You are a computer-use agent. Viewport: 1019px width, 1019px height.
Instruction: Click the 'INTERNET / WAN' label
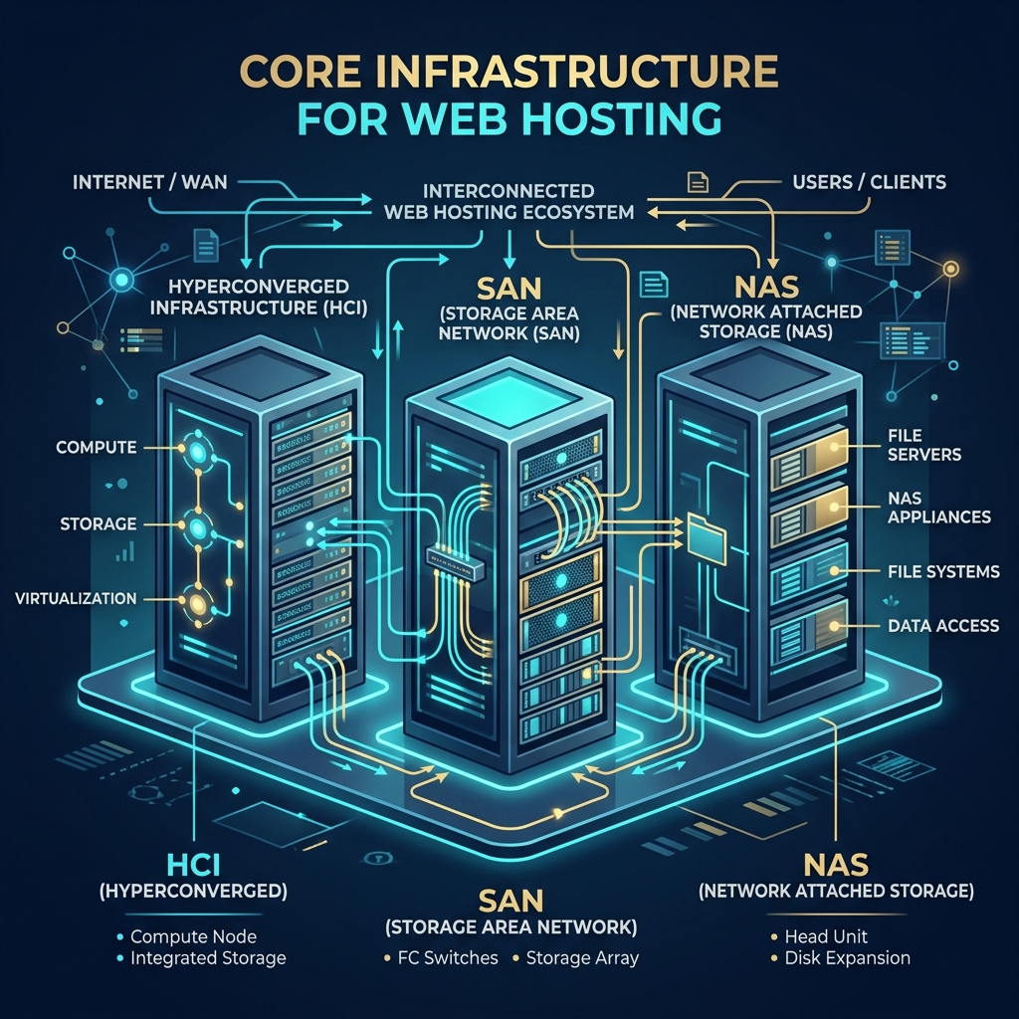pos(150,182)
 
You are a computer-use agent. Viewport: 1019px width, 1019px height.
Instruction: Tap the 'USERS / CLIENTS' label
pos(869,182)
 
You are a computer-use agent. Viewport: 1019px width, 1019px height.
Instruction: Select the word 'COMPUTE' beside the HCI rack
pos(97,447)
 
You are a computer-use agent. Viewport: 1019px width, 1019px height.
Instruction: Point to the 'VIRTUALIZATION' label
pos(76,598)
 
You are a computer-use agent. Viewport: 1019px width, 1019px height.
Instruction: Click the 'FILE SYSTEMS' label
pos(943,572)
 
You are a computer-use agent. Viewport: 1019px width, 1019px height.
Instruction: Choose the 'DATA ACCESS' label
pos(943,626)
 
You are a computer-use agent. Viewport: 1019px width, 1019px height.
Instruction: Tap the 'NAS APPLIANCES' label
pos(939,508)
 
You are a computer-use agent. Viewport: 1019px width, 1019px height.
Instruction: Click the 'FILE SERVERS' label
pos(924,445)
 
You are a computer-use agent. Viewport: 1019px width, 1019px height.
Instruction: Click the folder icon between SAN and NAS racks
pos(706,537)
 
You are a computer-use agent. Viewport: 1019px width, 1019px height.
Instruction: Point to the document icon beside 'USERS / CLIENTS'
pos(698,182)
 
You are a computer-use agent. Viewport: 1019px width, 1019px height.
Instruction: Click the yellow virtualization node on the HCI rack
pos(197,605)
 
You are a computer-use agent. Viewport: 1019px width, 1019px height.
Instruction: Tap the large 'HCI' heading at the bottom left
pos(193,865)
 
